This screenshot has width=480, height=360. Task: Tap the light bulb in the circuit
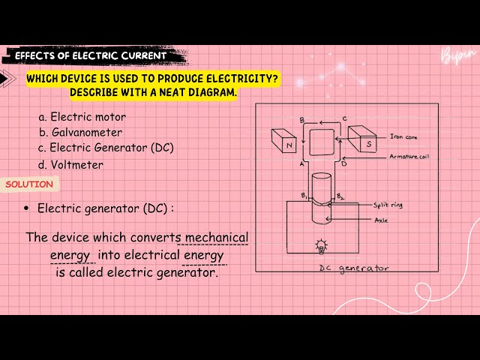322,246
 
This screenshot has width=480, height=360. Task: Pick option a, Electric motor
82,117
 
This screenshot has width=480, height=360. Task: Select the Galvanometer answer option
82,133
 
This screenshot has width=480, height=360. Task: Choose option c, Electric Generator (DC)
106,148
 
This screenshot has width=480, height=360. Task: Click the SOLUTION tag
29,184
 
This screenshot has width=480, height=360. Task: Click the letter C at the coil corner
343,118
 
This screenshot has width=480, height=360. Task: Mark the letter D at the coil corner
343,163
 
